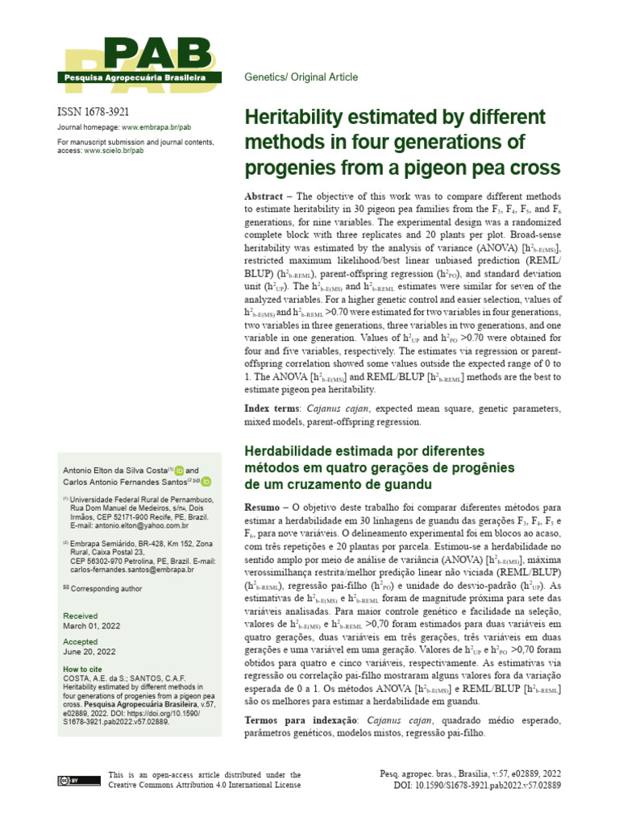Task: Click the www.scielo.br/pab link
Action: pos(114,151)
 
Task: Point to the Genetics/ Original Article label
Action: pos(301,77)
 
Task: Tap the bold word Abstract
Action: pos(267,197)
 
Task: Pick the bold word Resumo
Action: pos(264,508)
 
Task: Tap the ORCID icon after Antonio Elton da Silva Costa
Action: pos(179,471)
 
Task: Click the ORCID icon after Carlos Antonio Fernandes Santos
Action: pos(206,482)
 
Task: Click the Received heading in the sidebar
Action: pos(80,615)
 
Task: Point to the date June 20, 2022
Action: pos(89,651)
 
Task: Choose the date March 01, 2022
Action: pos(93,625)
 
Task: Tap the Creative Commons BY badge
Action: pos(68,781)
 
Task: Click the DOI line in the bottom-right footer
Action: pos(477,786)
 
